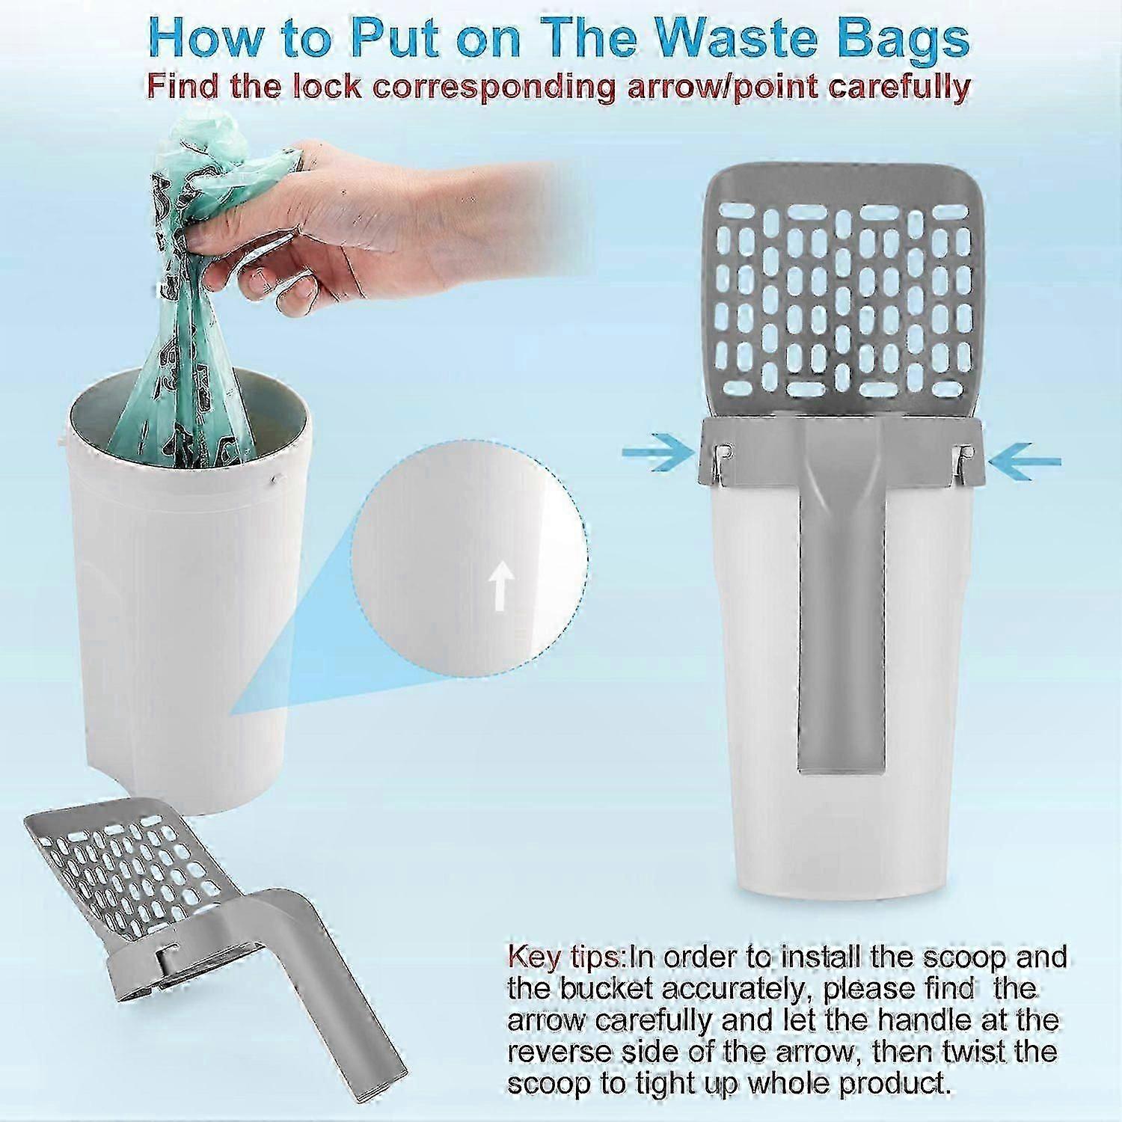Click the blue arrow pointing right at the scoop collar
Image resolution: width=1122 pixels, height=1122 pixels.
point(659,453)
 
